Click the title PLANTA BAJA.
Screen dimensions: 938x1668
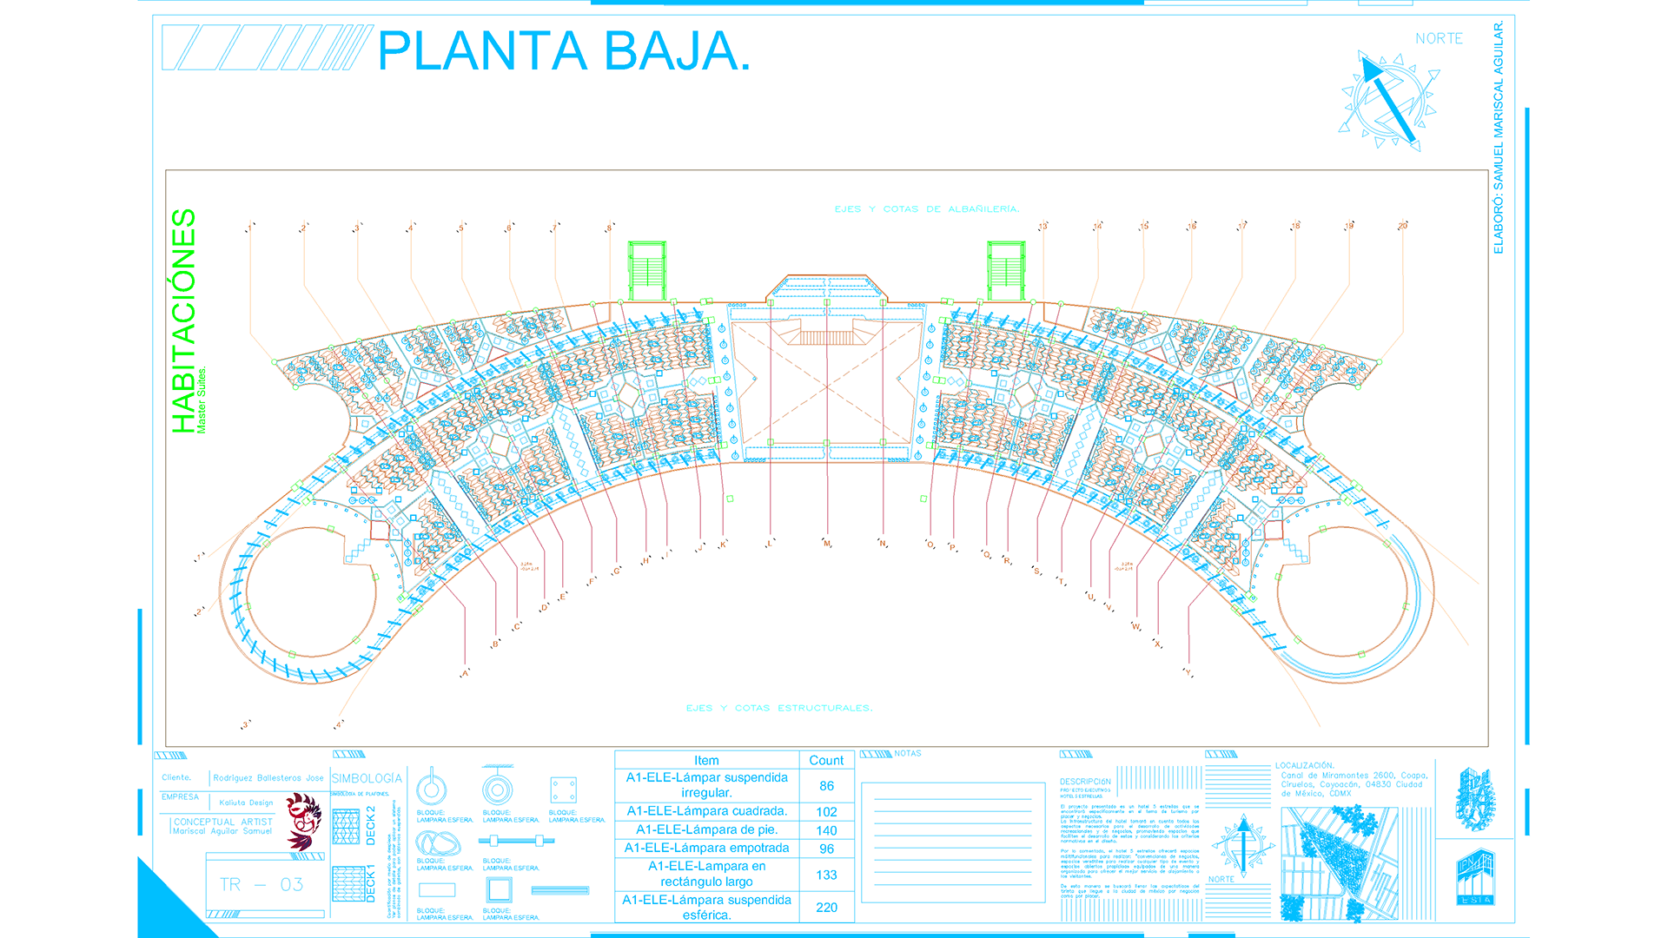(563, 51)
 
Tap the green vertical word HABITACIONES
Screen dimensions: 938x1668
(183, 320)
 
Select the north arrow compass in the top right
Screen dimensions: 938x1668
(1387, 101)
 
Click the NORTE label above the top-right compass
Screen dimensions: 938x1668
(1439, 39)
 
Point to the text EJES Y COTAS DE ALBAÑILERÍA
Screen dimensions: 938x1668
(926, 209)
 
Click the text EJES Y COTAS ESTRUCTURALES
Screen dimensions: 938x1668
(779, 708)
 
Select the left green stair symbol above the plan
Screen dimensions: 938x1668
(646, 271)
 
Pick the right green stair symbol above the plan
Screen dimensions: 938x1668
(1006, 271)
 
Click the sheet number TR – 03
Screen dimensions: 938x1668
(261, 885)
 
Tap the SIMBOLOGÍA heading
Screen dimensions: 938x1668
(367, 778)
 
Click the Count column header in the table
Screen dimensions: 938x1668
(826, 760)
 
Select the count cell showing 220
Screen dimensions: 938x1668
(826, 908)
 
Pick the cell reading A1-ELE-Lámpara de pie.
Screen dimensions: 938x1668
(706, 829)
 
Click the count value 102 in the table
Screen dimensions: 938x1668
(826, 812)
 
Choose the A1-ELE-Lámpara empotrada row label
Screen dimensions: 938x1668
(706, 848)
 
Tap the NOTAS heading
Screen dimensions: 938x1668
(908, 753)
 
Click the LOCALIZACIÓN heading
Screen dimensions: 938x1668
(1304, 765)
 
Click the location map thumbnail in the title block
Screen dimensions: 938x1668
(1338, 864)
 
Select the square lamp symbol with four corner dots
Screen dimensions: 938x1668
(563, 790)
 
